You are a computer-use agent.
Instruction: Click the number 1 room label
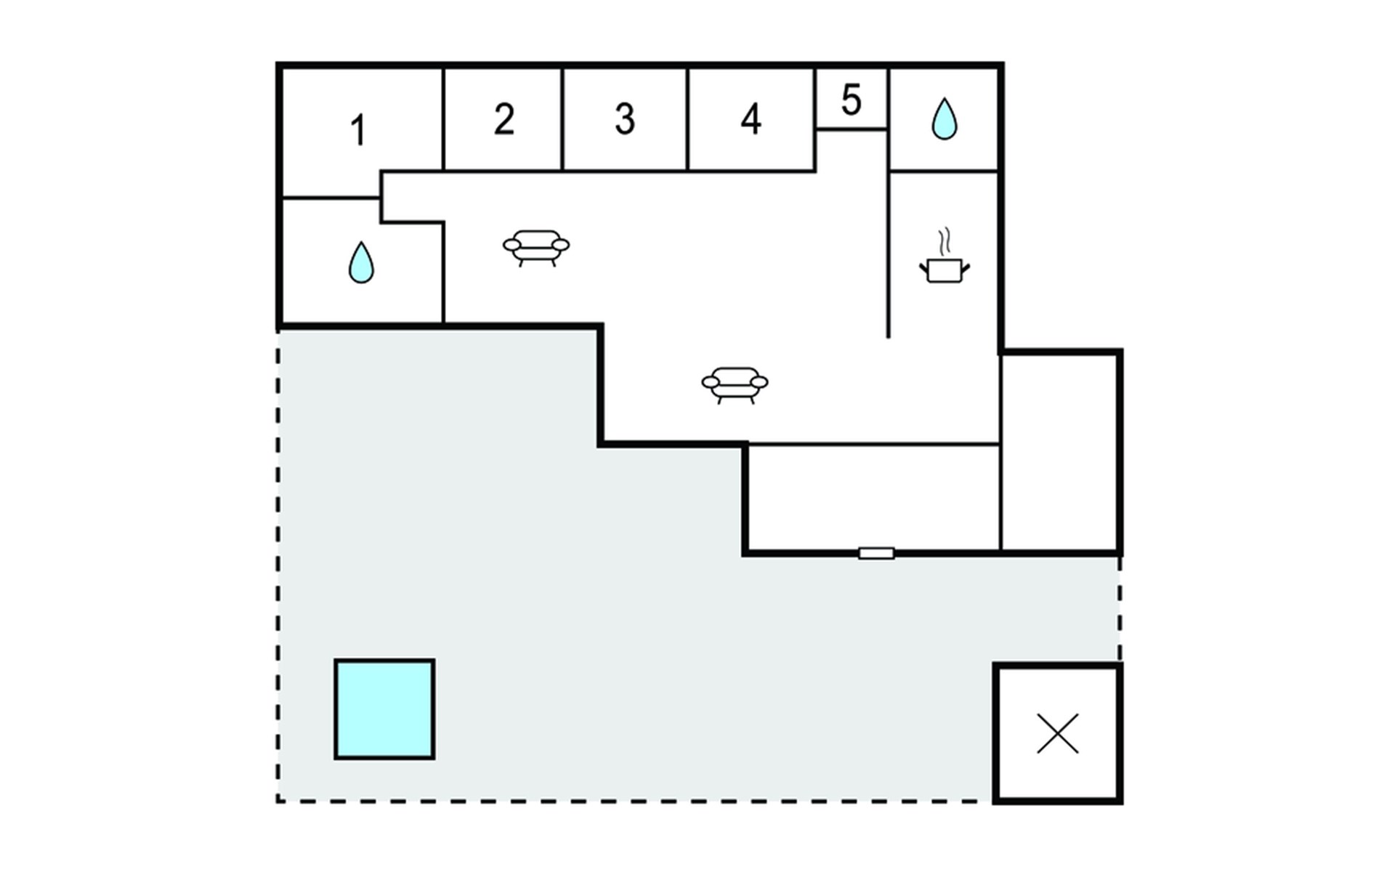click(x=357, y=131)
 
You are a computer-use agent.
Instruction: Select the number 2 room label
click(x=504, y=119)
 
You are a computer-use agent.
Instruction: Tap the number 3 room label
click(x=625, y=119)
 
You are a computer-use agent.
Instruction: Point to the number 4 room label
click(x=751, y=119)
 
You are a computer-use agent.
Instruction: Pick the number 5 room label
click(x=852, y=100)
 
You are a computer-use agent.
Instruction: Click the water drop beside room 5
click(x=944, y=118)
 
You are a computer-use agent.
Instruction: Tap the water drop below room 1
click(x=361, y=262)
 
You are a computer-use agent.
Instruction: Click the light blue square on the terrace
click(x=384, y=709)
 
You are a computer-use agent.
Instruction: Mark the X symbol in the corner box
click(x=1058, y=734)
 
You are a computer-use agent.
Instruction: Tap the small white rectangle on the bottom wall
click(x=876, y=554)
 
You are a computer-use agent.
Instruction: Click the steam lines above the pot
click(x=944, y=241)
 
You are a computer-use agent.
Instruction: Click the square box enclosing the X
click(x=995, y=734)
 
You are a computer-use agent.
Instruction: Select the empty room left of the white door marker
click(x=874, y=498)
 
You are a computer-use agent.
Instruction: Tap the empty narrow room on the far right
click(x=1059, y=452)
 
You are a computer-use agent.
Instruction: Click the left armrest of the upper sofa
click(x=512, y=245)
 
